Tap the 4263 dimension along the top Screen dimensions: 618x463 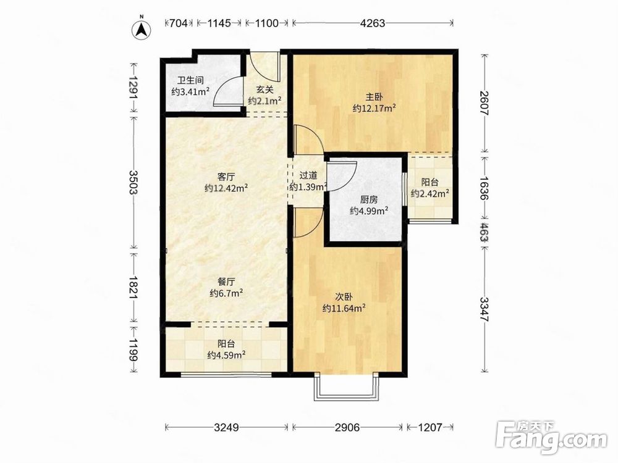pos(373,23)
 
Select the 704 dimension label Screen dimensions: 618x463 pos(178,23)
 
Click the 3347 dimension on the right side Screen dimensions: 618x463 pos(485,309)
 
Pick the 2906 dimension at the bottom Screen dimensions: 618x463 pos(347,427)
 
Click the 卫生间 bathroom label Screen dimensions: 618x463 pos(191,81)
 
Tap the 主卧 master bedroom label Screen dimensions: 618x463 pos(374,97)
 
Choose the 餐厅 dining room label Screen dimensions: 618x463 pos(226,282)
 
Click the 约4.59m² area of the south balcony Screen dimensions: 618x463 pos(227,355)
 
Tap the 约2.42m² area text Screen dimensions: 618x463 pos(430,193)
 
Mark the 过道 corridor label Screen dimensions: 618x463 pos(308,176)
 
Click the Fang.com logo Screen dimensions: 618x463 pos(551,436)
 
